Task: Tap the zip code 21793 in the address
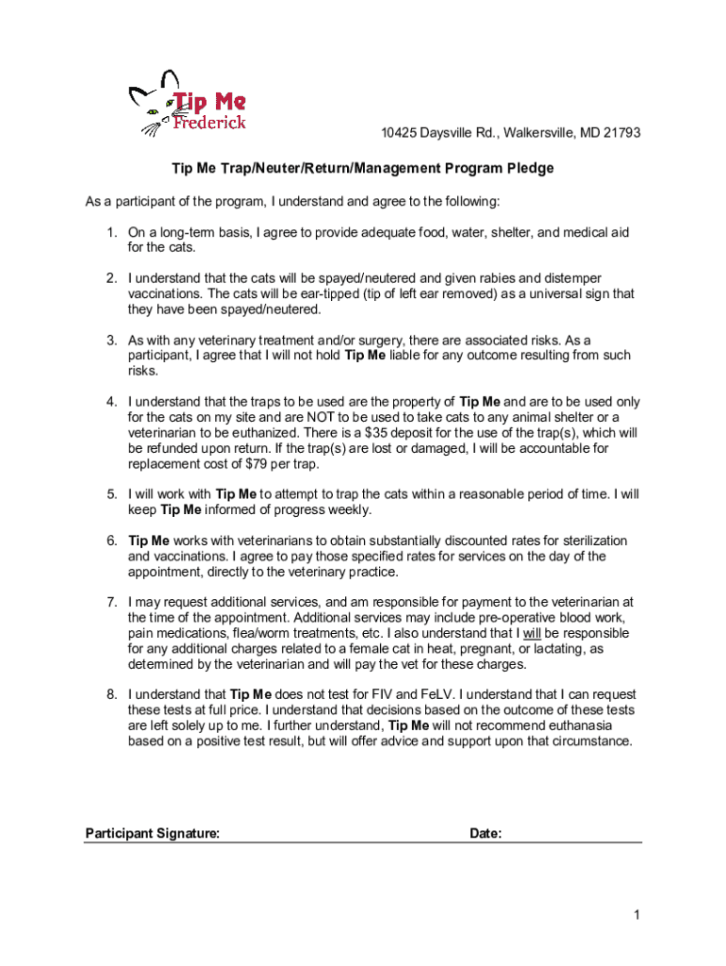(x=621, y=133)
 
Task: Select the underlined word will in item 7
(x=533, y=633)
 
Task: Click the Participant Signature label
(x=153, y=834)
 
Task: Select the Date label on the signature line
(x=485, y=834)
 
